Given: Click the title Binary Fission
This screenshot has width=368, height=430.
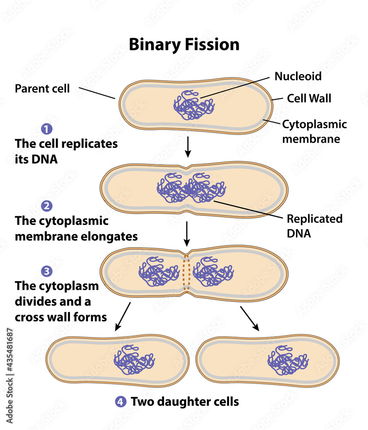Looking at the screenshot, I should coord(184,45).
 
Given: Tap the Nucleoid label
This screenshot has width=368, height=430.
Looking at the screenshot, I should coord(298,77).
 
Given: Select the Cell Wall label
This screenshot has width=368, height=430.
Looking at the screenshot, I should coord(309,98).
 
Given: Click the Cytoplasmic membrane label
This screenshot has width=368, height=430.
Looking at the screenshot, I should coord(314,132).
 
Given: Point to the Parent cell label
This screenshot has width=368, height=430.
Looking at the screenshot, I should coord(42,89).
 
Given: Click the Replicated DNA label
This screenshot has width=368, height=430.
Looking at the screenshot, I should coord(314,226).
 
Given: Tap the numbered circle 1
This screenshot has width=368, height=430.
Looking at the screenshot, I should coord(46,128).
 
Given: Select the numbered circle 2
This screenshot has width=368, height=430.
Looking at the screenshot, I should coord(46,206).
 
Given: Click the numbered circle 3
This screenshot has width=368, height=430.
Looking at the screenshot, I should coord(46,271).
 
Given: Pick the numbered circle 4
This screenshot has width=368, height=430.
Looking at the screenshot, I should coord(121,402).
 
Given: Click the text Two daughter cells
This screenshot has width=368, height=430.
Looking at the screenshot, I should coord(185,402).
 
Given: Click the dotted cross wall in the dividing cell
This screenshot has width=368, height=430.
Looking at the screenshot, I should coord(186,272).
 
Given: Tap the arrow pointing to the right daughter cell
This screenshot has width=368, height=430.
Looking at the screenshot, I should coord(250,318).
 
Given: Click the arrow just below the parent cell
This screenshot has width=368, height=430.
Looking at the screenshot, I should coord(187,148).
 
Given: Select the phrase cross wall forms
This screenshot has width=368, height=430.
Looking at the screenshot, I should coord(61,317).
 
